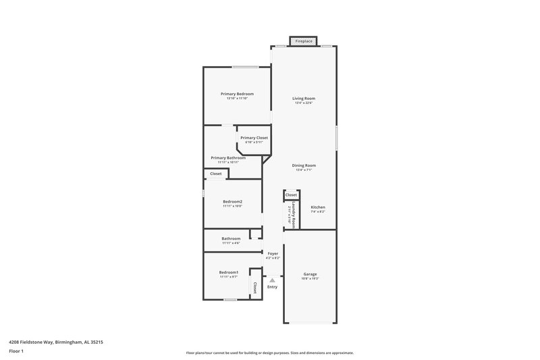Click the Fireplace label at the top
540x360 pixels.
(304, 41)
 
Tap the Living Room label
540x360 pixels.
(304, 99)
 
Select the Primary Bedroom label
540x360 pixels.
(237, 93)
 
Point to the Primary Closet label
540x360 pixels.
(254, 138)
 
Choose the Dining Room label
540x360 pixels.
(304, 165)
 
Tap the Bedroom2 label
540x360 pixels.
(233, 201)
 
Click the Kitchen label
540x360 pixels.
(318, 207)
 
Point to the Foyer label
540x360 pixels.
(273, 253)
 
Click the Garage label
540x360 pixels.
(310, 274)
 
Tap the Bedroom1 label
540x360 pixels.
(229, 272)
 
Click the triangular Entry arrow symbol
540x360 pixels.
(273, 279)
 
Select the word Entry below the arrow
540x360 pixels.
(272, 287)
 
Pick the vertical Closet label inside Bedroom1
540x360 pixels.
(255, 288)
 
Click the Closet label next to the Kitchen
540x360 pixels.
(291, 195)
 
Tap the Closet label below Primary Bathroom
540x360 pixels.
(216, 174)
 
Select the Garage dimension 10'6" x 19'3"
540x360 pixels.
(310, 278)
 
